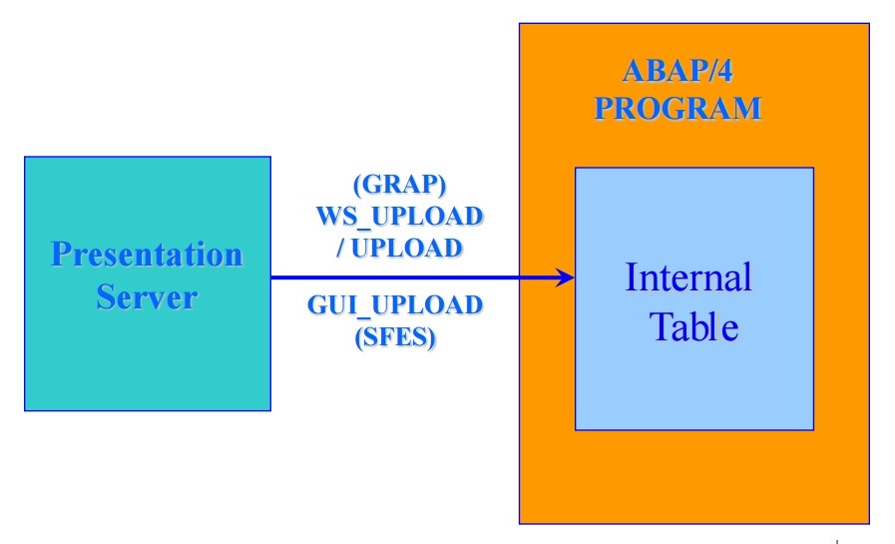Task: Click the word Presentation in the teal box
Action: pyautogui.click(x=147, y=255)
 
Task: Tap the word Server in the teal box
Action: pyautogui.click(x=147, y=296)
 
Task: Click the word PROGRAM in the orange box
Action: pyautogui.click(x=677, y=108)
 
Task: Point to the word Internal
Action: pyautogui.click(x=688, y=276)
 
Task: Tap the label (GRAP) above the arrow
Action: pyautogui.click(x=398, y=186)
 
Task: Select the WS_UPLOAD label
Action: pyautogui.click(x=398, y=217)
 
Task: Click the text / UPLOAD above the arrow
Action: pyautogui.click(x=398, y=248)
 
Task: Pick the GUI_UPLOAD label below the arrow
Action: pyautogui.click(x=395, y=304)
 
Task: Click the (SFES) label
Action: pyautogui.click(x=395, y=336)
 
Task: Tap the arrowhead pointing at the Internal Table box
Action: pyautogui.click(x=566, y=277)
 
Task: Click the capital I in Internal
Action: pyautogui.click(x=632, y=276)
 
